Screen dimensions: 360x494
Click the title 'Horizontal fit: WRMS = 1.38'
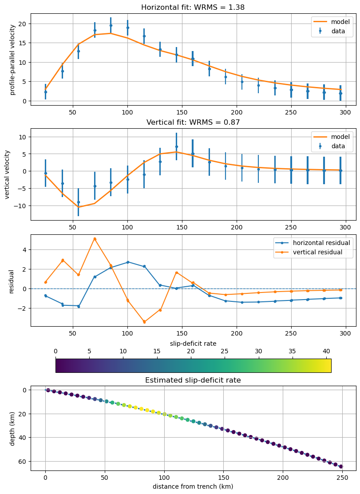[193, 7]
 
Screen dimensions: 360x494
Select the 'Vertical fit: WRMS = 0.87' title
[193, 122]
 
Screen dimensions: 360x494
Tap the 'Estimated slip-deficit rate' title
[193, 380]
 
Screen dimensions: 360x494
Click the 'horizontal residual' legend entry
[313, 243]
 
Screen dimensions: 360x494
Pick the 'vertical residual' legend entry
[313, 253]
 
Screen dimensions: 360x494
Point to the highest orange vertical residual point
[95, 239]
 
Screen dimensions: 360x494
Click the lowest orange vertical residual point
[144, 322]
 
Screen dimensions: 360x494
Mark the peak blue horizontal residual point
[127, 262]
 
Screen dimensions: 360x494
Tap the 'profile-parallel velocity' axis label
[12, 59]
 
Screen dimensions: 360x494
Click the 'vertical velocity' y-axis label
[7, 174]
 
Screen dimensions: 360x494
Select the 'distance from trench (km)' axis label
[193, 486]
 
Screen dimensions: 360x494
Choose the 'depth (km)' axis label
[12, 428]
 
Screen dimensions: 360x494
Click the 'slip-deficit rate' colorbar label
[193, 344]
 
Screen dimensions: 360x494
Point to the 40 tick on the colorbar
[326, 351]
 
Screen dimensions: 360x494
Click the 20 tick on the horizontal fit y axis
[22, 24]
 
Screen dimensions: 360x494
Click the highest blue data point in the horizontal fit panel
[111, 25]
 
